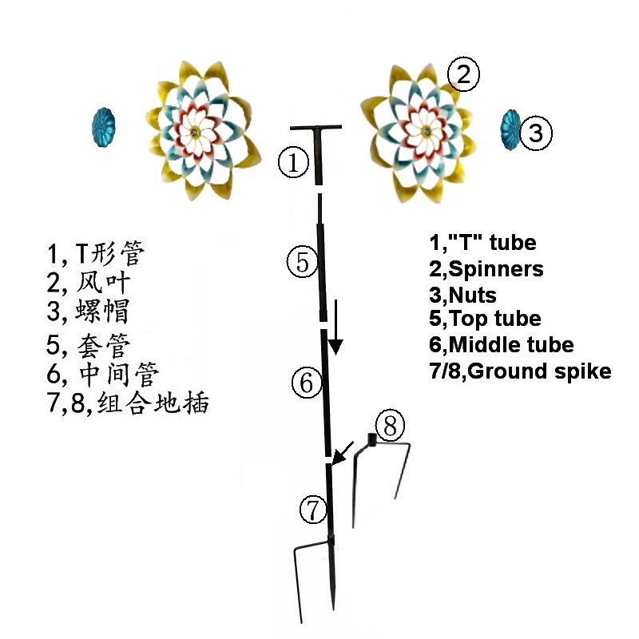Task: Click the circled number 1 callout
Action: click(293, 164)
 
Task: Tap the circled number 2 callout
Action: click(463, 76)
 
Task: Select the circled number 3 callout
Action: click(537, 133)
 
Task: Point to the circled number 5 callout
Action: click(302, 262)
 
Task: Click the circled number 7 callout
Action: click(313, 506)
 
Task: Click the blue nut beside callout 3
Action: click(510, 129)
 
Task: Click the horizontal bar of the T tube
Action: click(316, 128)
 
